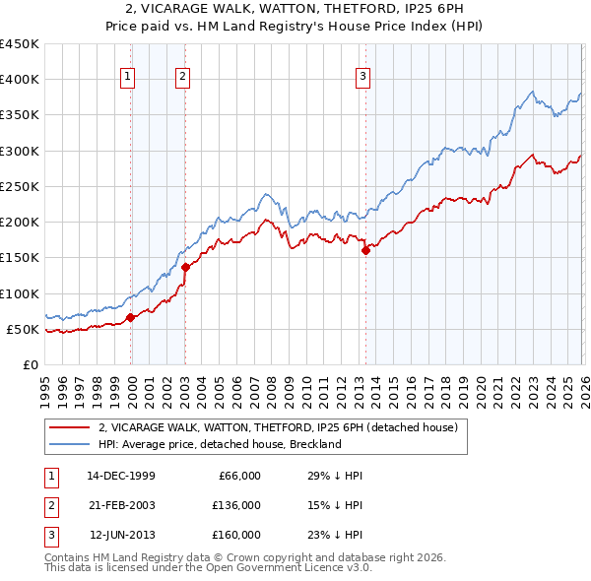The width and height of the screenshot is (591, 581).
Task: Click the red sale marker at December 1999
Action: [131, 317]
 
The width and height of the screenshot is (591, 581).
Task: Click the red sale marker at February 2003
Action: [185, 267]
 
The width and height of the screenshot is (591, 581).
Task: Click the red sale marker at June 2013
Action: [365, 250]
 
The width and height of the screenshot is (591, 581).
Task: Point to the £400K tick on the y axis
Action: [20, 80]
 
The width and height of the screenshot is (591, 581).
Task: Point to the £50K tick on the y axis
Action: [24, 330]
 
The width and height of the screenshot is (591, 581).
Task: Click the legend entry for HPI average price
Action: [219, 444]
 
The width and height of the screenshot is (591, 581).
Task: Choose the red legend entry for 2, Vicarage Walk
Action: [278, 428]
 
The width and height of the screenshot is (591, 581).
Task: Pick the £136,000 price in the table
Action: [235, 505]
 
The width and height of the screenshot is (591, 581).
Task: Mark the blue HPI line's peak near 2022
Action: [532, 93]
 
